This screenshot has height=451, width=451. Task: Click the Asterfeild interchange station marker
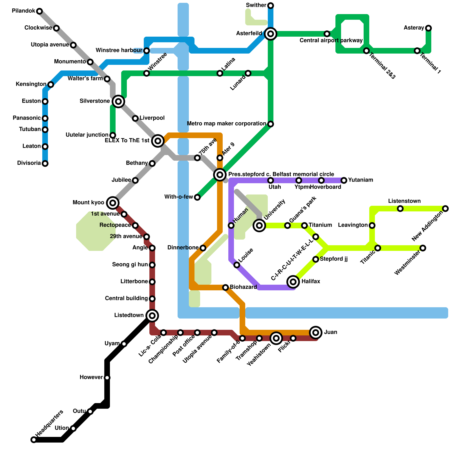(x=271, y=34)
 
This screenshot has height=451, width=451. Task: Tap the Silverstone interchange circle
(x=118, y=101)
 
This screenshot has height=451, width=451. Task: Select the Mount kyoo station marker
(x=113, y=203)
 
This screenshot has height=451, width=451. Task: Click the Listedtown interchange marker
(x=152, y=316)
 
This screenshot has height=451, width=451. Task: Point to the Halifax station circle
(x=293, y=282)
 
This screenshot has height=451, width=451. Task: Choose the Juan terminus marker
(x=316, y=333)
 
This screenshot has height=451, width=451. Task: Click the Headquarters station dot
(x=34, y=440)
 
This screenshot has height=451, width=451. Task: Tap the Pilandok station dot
(x=39, y=11)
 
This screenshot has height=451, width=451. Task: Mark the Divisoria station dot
(x=45, y=163)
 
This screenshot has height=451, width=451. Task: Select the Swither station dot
(x=271, y=6)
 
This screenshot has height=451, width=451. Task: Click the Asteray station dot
(x=428, y=28)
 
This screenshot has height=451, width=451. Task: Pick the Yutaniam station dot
(x=344, y=180)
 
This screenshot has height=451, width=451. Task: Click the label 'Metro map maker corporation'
(x=226, y=124)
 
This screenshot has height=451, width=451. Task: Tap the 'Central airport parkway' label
(x=331, y=41)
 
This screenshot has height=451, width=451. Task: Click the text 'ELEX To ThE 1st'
(x=127, y=141)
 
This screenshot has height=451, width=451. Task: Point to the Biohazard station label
(x=243, y=287)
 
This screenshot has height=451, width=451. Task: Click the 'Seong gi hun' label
(x=130, y=265)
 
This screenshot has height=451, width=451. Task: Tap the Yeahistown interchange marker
(x=276, y=338)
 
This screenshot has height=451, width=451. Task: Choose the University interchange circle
(x=259, y=225)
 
